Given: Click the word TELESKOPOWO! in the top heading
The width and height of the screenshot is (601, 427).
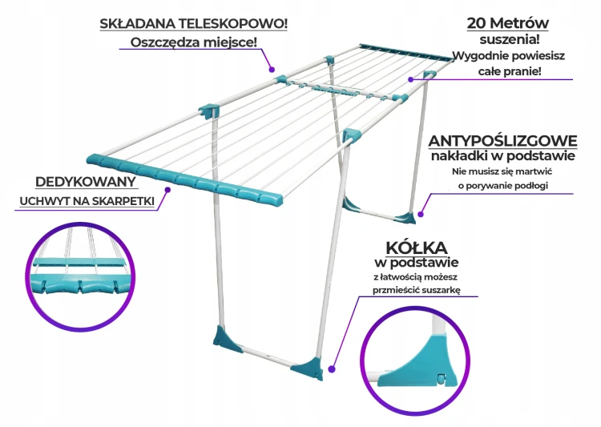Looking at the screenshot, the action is tap(233, 24).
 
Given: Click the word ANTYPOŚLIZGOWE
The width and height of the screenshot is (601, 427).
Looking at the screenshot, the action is tap(502, 141).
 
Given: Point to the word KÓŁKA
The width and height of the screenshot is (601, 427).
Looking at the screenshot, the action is tap(416, 248).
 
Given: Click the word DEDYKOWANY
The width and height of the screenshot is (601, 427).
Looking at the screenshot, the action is tap(86, 182).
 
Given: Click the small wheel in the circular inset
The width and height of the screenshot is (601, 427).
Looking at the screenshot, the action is tap(442, 380).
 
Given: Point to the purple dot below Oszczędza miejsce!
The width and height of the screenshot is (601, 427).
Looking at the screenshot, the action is tap(272, 70).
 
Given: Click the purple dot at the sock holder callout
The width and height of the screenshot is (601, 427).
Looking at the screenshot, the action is tap(167, 189).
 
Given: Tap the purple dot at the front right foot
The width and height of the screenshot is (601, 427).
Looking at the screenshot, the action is tap(332, 369).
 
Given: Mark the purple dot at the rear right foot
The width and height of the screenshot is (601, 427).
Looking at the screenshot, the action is tap(421, 214).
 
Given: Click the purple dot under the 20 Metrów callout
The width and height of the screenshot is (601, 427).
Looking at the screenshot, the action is tap(410, 79).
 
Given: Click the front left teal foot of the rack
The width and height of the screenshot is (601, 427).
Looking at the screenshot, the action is tap(228, 339).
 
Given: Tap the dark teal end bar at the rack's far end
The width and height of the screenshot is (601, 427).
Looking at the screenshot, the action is tap(406, 53).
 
